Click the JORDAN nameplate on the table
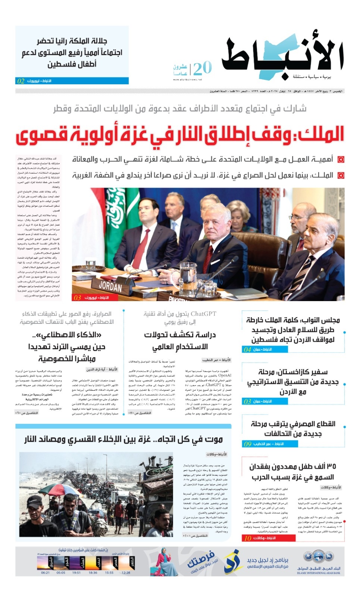[110, 287]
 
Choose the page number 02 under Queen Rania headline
[21, 81]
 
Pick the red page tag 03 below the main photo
[77, 298]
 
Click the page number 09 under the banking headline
[247, 444]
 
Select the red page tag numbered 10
[248, 538]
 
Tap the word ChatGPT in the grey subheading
[203, 314]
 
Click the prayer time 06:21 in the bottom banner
[45, 573]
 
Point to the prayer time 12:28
[126, 573]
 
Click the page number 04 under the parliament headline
[247, 350]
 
